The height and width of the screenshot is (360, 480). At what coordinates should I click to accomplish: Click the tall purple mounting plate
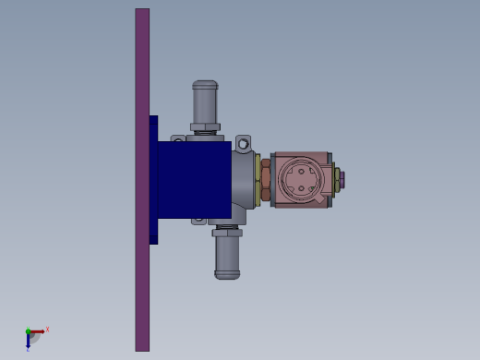142,277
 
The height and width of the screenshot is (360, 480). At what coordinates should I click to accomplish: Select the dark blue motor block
194,179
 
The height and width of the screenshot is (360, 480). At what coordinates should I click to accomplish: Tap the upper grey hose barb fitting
205,102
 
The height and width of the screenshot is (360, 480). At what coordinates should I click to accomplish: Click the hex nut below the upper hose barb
205,127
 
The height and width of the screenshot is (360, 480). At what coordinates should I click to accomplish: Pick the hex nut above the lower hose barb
227,232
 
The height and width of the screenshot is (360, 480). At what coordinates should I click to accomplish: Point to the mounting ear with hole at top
243,143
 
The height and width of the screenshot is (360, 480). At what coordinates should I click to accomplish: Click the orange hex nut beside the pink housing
266,179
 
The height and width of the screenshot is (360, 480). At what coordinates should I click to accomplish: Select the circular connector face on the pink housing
302,178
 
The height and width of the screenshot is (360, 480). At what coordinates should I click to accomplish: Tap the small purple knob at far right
339,178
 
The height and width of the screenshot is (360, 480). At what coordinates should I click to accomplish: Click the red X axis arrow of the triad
38,330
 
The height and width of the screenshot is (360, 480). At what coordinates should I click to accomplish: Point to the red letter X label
47,329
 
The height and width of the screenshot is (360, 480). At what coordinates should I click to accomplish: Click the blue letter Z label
28,349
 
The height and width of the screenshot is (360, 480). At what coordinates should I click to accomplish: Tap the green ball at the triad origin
29,331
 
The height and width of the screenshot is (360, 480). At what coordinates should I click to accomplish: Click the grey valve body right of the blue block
244,180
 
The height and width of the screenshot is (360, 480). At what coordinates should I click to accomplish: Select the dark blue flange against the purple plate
153,179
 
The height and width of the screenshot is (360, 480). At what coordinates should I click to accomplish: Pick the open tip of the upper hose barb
205,84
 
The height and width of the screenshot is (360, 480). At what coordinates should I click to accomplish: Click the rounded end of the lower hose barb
227,274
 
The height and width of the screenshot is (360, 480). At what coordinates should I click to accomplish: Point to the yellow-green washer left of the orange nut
258,179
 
